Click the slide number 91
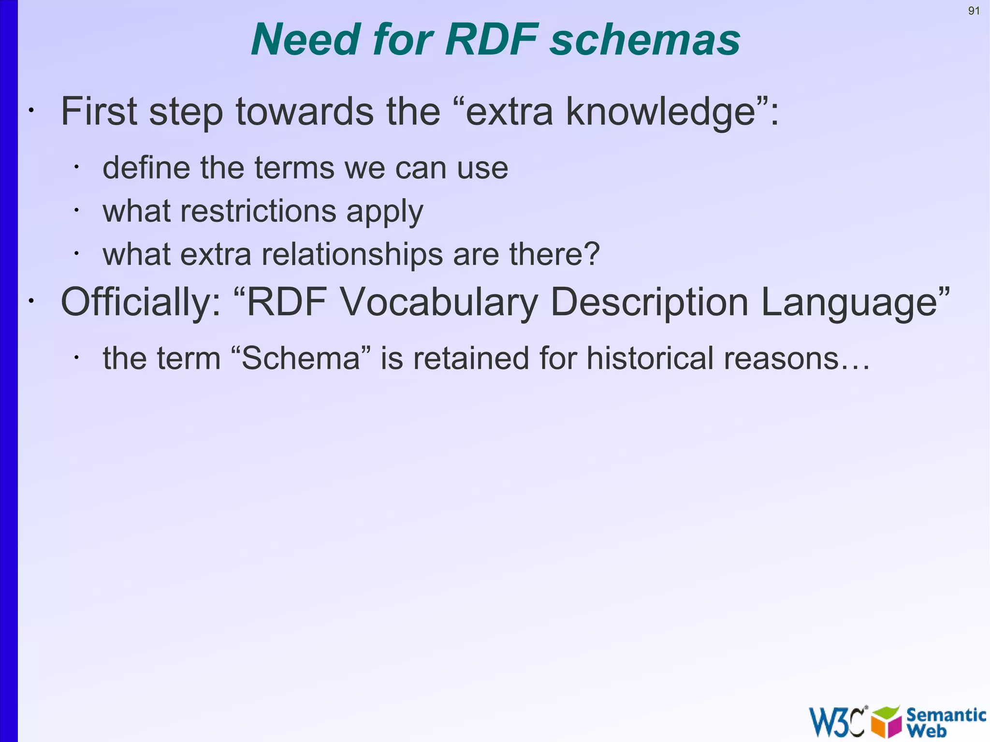[974, 11]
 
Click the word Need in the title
[305, 40]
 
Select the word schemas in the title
[645, 40]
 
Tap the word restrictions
[258, 211]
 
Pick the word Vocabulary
[439, 302]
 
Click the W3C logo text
[837, 722]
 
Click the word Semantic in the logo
[946, 714]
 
